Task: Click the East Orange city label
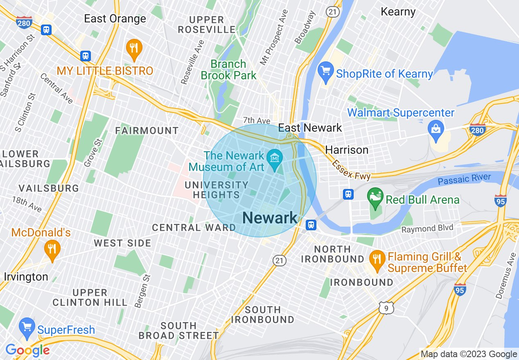coord(115,19)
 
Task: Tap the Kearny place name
coord(398,11)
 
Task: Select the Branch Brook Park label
coord(228,70)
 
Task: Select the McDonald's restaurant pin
coord(52,248)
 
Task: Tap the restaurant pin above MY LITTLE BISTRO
coord(134,48)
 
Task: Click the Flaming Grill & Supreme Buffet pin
coord(376,259)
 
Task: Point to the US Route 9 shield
coord(386,308)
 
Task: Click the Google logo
coord(27,350)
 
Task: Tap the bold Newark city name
coord(270,218)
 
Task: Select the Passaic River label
coord(464,179)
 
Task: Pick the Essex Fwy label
coord(351,170)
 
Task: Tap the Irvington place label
coord(26,277)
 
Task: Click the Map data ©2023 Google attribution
coord(469,354)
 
